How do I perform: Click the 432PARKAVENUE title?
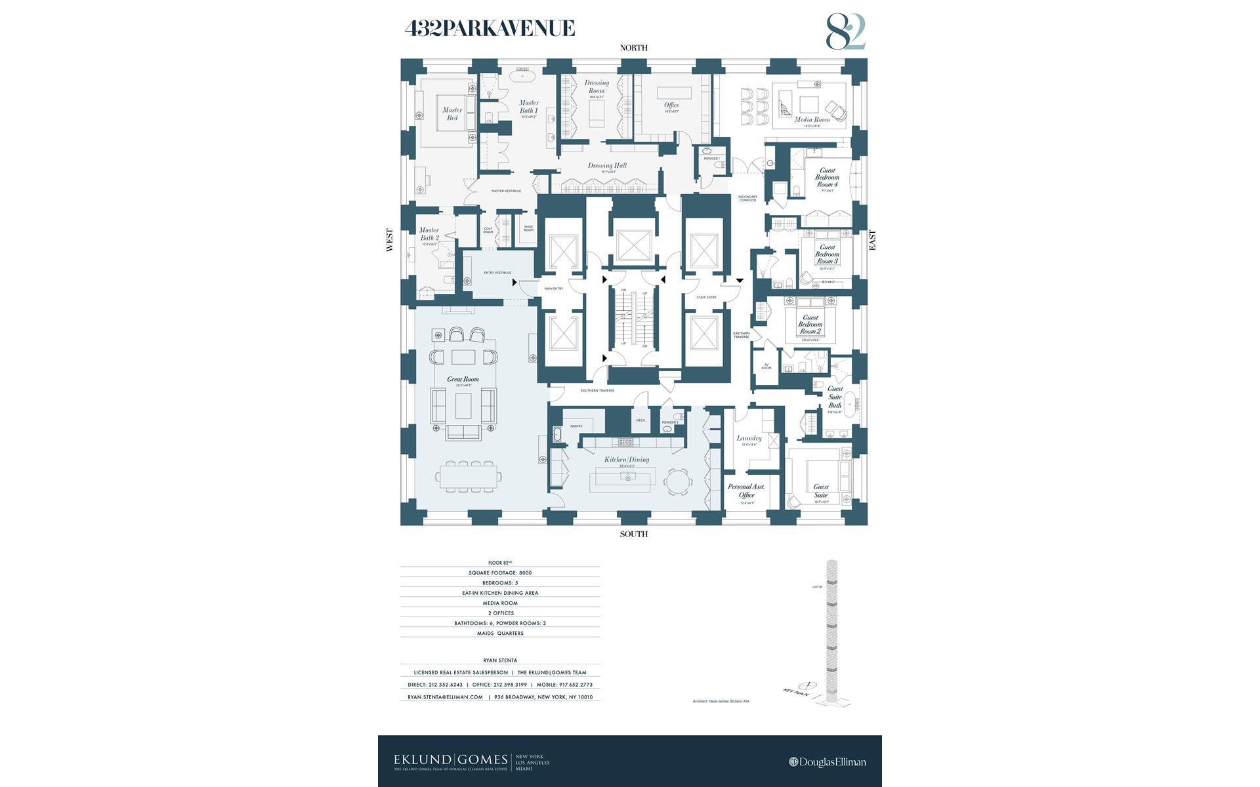pos(490,28)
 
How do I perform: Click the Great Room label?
pos(463,380)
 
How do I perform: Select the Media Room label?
pos(812,120)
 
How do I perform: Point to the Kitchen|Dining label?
pos(626,460)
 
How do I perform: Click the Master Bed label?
pos(452,114)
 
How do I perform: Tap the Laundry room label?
pos(749,439)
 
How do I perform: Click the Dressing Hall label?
pos(607,166)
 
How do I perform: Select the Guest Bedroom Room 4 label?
pos(827,178)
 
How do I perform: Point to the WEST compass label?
pos(390,240)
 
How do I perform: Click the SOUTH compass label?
pos(633,534)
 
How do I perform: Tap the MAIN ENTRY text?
pos(553,289)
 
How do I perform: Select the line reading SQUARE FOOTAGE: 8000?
pos(500,573)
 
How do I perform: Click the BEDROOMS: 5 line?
pos(500,582)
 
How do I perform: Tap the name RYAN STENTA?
pos(500,660)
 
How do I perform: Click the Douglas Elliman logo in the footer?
pos(827,762)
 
